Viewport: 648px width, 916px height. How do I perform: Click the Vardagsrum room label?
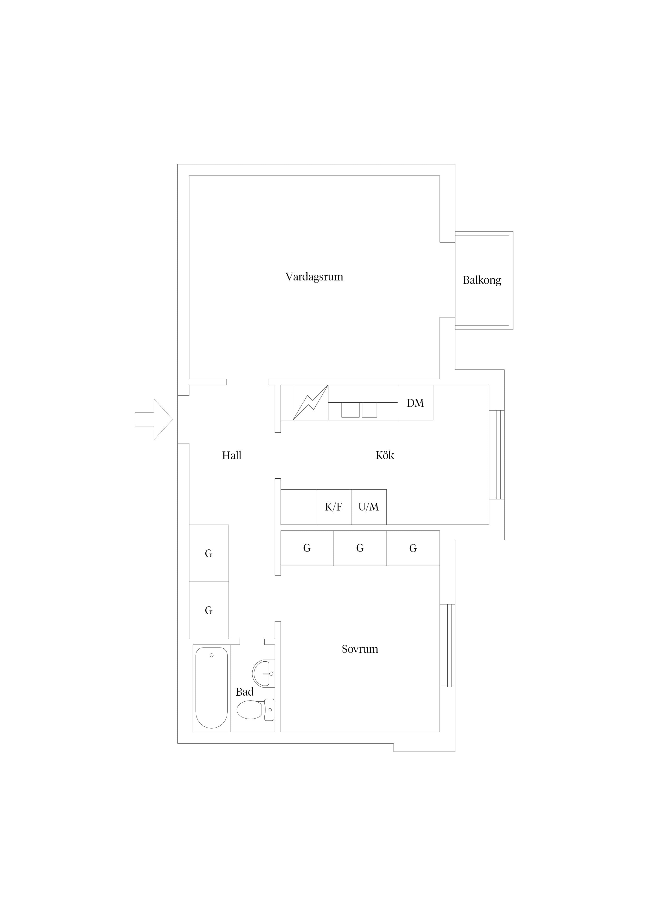click(x=314, y=277)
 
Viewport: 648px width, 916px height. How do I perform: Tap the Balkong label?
click(x=482, y=280)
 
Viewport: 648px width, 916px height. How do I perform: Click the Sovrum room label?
click(x=360, y=649)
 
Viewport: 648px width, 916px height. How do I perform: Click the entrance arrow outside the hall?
click(x=154, y=419)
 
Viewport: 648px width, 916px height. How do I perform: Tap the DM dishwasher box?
click(x=415, y=403)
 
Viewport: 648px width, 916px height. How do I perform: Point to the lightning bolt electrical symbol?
click(x=310, y=403)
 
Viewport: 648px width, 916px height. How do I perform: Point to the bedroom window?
click(x=447, y=645)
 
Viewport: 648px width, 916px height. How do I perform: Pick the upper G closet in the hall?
click(x=209, y=553)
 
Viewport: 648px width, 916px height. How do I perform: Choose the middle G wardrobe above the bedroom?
click(x=360, y=548)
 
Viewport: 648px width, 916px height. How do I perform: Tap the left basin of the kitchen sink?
click(x=350, y=410)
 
